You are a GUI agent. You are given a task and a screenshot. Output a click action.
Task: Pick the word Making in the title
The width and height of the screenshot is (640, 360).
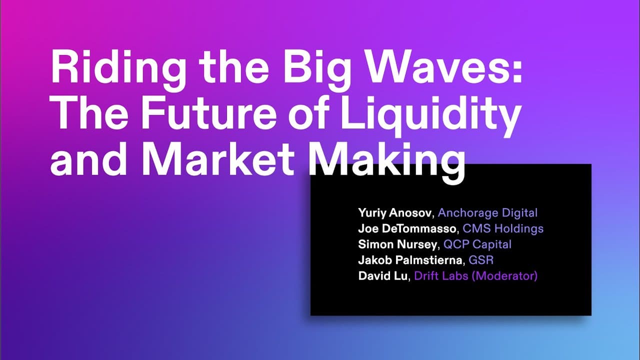[386, 162]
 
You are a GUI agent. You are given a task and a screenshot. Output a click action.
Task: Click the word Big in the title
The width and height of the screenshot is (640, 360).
[316, 70]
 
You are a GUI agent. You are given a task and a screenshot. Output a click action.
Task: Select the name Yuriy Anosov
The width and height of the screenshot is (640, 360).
[394, 213]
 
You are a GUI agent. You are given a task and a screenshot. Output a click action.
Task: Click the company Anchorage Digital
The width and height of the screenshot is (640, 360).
[487, 213]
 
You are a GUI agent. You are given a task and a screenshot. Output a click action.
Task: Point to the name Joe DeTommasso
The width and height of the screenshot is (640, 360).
[407, 228]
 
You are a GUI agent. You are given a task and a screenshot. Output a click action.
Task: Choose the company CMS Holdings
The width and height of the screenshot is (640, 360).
[503, 228]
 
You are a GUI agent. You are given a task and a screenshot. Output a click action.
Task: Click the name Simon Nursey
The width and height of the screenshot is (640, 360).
[397, 244]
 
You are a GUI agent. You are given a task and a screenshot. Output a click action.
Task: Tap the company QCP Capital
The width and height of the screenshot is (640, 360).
[477, 244]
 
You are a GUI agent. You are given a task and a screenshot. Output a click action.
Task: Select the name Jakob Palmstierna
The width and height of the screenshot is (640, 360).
[410, 260]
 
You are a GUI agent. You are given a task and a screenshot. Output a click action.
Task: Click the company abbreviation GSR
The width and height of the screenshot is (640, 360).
[481, 260]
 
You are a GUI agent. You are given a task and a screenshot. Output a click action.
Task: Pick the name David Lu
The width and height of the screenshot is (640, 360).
[383, 276]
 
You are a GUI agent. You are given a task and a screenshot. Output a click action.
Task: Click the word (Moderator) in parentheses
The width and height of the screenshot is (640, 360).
[505, 276]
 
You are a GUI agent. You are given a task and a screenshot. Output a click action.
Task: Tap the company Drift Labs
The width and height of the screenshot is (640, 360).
[441, 276]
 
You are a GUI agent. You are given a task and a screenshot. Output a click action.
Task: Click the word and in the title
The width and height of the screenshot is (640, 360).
[88, 158]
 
